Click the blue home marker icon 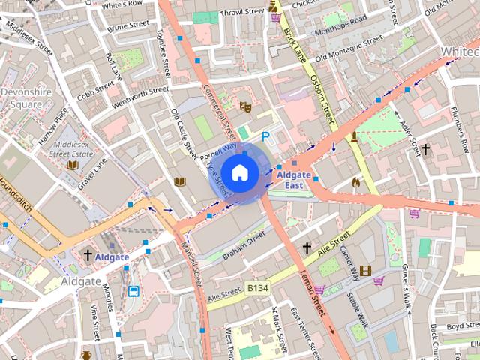(239, 172)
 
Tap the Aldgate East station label (294, 179)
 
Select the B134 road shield (257, 286)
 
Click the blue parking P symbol (265, 136)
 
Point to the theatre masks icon (244, 107)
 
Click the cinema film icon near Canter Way (365, 271)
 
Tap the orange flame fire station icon (355, 181)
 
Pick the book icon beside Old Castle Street (179, 181)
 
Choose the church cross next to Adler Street (425, 149)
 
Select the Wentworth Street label (140, 97)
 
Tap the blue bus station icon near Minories (133, 291)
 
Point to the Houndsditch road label (13, 193)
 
